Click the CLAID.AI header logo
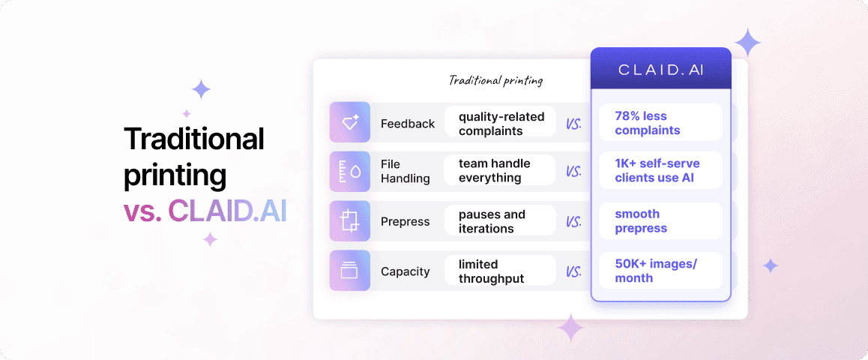(x=660, y=70)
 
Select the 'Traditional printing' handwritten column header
(x=495, y=80)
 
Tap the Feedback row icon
(x=349, y=122)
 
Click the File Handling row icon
(x=349, y=171)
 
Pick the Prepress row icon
(x=349, y=221)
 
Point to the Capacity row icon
(x=349, y=271)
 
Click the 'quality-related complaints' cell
(x=500, y=123)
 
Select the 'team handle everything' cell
(x=500, y=171)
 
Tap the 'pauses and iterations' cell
(x=500, y=221)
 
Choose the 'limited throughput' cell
(x=500, y=271)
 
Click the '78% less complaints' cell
(x=660, y=123)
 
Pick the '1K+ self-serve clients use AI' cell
(x=660, y=171)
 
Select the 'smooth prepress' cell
(x=660, y=221)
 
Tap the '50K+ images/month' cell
(x=660, y=271)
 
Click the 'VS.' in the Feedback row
(x=574, y=124)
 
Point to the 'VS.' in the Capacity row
(x=574, y=271)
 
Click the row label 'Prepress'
(x=405, y=222)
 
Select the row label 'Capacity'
(x=405, y=271)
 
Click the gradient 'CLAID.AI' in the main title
(x=227, y=211)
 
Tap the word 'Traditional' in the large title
(x=194, y=139)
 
